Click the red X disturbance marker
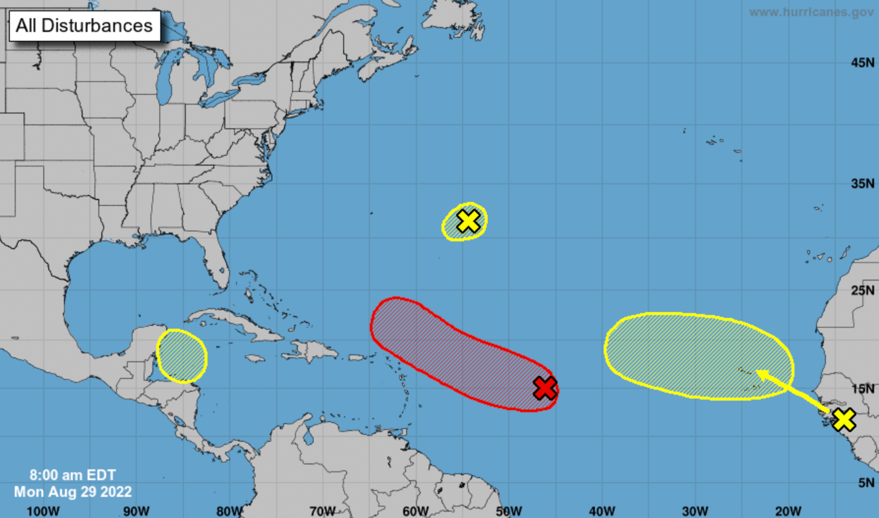click(545, 388)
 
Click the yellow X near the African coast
click(844, 419)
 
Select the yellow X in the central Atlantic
click(468, 221)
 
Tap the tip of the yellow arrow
click(758, 372)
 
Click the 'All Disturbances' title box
click(84, 26)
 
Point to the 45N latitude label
click(862, 63)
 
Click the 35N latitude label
click(862, 184)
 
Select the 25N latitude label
click(862, 290)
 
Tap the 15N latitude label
click(862, 389)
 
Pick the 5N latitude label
click(866, 483)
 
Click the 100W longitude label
click(43, 511)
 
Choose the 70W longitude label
click(322, 511)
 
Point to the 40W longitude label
click(602, 511)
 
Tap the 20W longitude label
click(788, 511)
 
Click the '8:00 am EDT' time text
click(73, 475)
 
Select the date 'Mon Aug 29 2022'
click(73, 491)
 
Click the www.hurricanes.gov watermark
click(811, 12)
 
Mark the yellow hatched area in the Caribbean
click(182, 356)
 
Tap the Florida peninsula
click(216, 260)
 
